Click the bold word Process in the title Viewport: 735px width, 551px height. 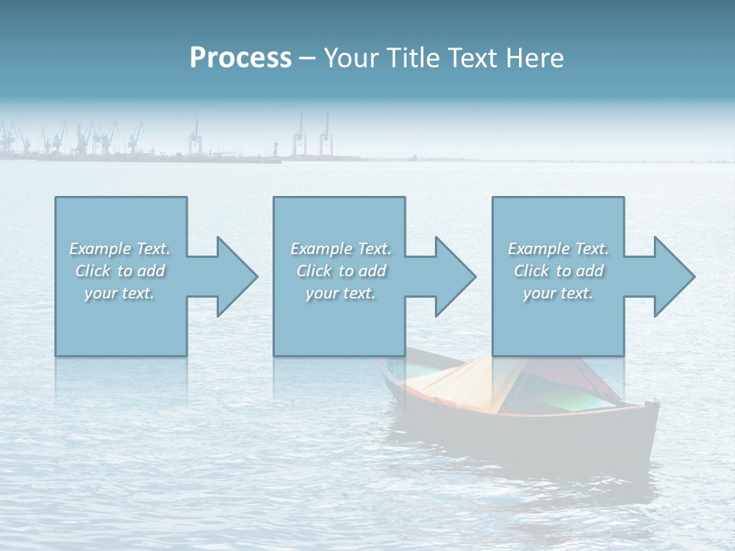click(240, 58)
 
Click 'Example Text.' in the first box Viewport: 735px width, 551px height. click(120, 249)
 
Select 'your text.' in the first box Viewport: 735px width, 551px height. click(120, 293)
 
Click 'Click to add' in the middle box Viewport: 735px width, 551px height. click(341, 271)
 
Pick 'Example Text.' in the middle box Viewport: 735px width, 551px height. click(341, 249)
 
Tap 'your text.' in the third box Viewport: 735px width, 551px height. click(558, 293)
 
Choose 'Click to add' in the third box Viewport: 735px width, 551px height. click(558, 271)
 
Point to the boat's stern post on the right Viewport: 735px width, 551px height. click(652, 405)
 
